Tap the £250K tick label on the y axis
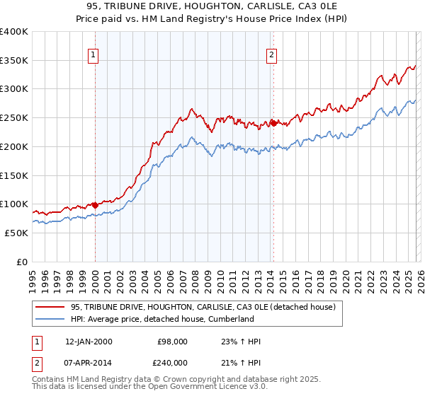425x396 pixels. (x=14, y=118)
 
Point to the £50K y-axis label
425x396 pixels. (x=17, y=233)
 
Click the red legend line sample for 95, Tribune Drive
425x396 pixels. (x=51, y=307)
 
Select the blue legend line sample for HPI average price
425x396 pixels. (x=51, y=319)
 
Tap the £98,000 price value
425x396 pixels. (x=172, y=342)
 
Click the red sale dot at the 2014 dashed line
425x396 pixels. (x=272, y=124)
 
